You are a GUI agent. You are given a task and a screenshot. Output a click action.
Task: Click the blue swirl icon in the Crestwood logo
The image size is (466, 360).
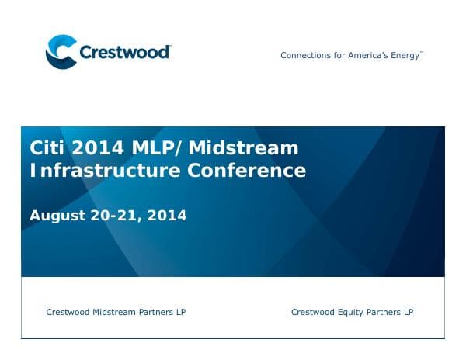point(61,52)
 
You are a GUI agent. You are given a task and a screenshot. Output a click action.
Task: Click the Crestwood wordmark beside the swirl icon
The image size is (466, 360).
point(124,53)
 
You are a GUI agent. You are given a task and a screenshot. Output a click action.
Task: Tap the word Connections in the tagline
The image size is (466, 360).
point(304,56)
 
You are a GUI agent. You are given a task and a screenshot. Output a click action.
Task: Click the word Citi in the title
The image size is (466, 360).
point(45,148)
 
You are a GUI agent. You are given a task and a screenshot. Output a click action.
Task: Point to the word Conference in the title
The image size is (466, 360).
point(247,170)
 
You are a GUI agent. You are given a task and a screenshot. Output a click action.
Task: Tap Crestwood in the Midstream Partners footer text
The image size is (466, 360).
point(68,313)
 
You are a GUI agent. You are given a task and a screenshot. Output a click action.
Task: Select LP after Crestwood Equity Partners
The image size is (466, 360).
point(408,313)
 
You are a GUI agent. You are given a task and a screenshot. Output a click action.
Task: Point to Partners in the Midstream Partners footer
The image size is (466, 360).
point(155,313)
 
